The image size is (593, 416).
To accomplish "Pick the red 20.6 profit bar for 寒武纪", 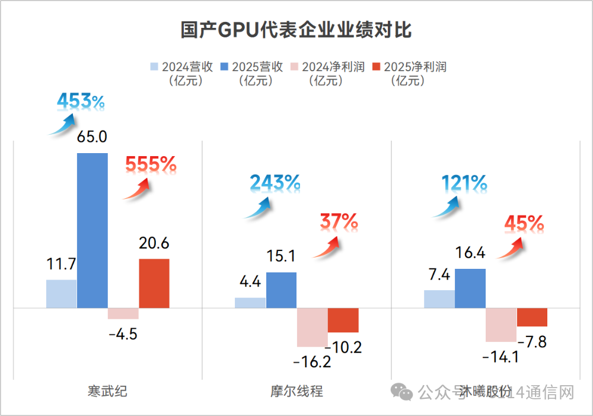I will tap(154, 283).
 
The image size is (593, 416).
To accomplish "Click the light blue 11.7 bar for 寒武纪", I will tap(61, 294).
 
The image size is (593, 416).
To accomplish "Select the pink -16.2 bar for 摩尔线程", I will tap(312, 327).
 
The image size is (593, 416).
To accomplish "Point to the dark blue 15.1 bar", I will tap(281, 290).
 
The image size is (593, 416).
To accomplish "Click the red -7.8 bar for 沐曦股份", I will tap(532, 317).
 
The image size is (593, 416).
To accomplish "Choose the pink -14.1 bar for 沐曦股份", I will tap(501, 325).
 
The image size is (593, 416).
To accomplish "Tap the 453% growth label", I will tap(81, 102).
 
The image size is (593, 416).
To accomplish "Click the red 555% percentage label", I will tap(151, 164).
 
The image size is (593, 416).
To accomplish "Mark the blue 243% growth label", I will tap(275, 183).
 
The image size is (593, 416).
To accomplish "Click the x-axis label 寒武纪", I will tap(107, 392).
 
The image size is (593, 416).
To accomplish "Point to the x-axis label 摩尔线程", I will tap(296, 392).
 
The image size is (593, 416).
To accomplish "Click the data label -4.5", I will tap(123, 334).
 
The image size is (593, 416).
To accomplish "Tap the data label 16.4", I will tap(470, 253).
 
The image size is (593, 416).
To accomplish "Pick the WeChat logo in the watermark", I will tap(401, 392).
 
